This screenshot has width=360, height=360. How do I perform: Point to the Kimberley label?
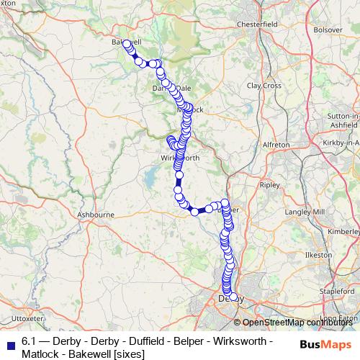pos(345,232)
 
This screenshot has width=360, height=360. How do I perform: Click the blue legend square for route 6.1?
pos(10,342)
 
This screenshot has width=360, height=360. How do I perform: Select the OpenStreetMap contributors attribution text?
pos(297,323)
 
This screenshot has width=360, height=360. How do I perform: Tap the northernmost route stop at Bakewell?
pos(127,44)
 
